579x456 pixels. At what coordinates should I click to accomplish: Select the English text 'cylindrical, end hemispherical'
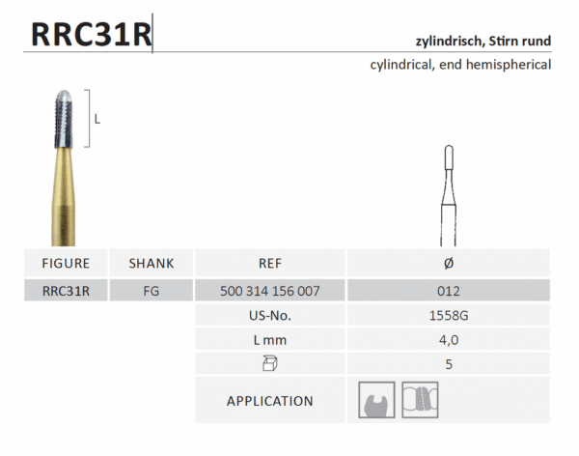pyautogui.click(x=460, y=65)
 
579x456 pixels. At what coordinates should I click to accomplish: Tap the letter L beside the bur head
pyautogui.click(x=98, y=119)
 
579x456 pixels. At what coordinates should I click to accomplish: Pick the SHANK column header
pyautogui.click(x=152, y=263)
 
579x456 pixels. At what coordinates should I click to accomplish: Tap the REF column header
pyautogui.click(x=270, y=263)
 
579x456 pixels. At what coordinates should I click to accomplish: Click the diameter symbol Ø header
pyautogui.click(x=448, y=263)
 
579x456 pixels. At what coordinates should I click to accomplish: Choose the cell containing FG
pyautogui.click(x=152, y=290)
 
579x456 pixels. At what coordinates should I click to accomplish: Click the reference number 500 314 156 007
pyautogui.click(x=270, y=290)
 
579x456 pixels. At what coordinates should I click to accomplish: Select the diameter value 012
pyautogui.click(x=448, y=290)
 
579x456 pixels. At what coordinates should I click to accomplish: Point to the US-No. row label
pyautogui.click(x=270, y=315)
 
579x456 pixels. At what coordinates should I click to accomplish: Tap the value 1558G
pyautogui.click(x=448, y=315)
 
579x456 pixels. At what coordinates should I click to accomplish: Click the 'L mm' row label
pyautogui.click(x=270, y=340)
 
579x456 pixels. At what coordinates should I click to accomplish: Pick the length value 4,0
pyautogui.click(x=448, y=340)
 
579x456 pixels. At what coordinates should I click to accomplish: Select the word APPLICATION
pyautogui.click(x=270, y=401)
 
